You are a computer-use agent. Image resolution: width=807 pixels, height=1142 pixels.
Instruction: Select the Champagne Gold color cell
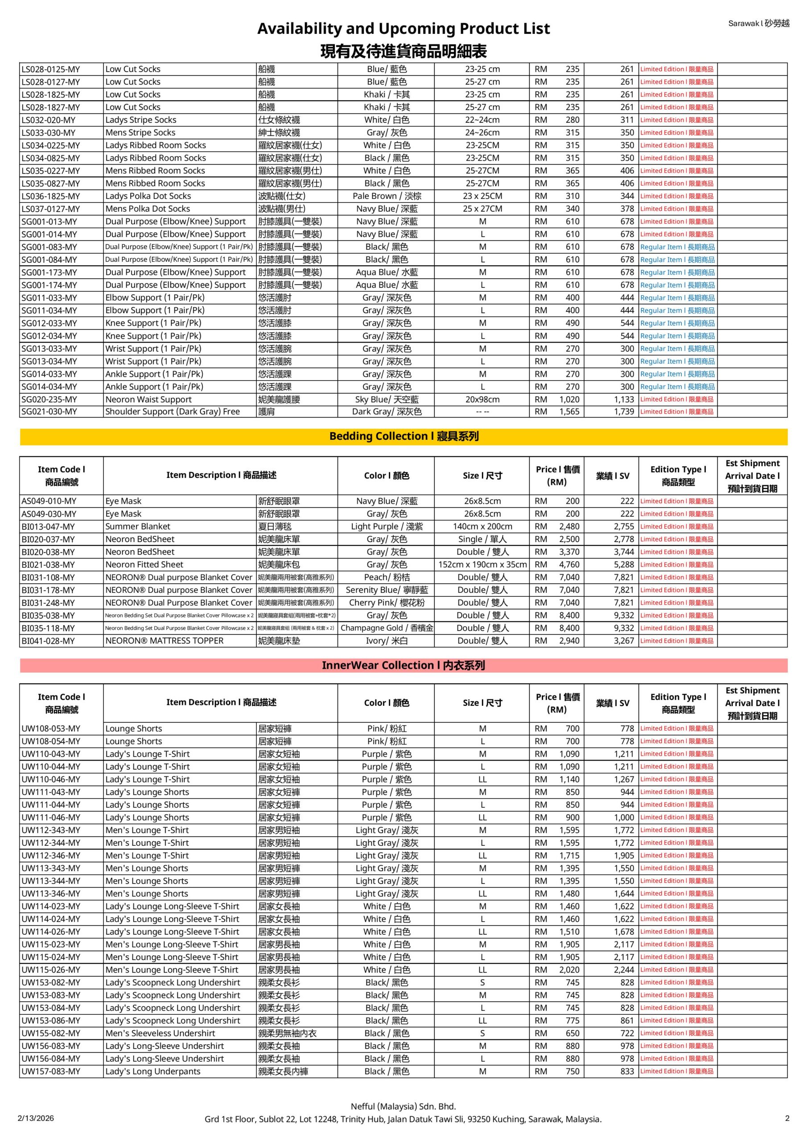coord(387,628)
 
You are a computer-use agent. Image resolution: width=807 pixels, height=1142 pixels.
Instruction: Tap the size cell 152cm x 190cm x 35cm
coord(482,565)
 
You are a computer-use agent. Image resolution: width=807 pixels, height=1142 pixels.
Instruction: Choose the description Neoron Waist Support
coord(148,399)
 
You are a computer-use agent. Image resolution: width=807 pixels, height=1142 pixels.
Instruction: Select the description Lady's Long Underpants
coord(152,1072)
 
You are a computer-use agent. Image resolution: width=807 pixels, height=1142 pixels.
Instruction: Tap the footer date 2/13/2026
coord(36,1118)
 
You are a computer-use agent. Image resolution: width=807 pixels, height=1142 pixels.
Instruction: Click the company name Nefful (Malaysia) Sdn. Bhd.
coord(403,1106)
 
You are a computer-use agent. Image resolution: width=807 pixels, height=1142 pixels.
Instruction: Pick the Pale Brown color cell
coord(387,196)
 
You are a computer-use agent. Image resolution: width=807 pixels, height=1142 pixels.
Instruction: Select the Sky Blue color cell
coord(387,399)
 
